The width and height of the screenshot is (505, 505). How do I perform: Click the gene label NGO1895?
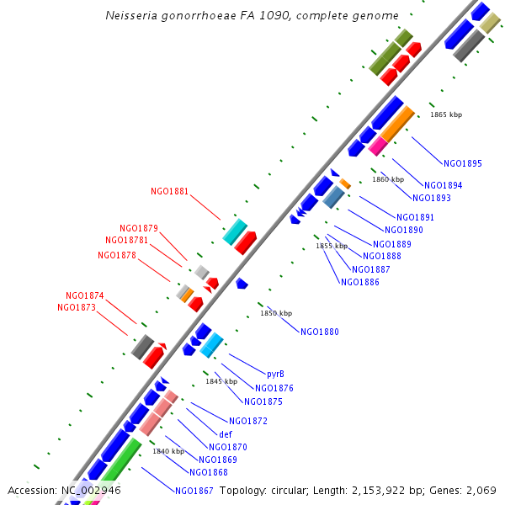tap(463, 163)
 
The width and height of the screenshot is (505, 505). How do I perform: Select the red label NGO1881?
tap(169, 192)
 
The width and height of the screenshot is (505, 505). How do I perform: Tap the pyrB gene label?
tap(275, 374)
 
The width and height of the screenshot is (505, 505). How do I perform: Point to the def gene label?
tap(226, 434)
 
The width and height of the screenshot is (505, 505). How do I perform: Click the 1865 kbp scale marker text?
tap(445, 114)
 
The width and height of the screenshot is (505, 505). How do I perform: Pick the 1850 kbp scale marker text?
tap(275, 313)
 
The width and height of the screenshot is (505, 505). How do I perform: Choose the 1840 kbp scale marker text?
tap(168, 451)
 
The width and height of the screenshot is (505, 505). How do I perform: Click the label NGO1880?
tap(320, 332)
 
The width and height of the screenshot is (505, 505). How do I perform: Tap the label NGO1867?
tap(194, 491)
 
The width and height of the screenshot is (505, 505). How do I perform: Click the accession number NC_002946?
tap(91, 490)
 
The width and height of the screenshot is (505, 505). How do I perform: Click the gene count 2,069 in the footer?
tap(480, 490)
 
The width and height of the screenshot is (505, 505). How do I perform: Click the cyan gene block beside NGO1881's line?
tap(235, 231)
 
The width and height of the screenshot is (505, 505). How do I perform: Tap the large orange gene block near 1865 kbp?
tap(396, 123)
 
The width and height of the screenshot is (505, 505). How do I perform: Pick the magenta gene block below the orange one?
tap(376, 146)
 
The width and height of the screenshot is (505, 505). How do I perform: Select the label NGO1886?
tap(360, 282)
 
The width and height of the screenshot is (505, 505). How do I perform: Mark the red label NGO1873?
tap(77, 307)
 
